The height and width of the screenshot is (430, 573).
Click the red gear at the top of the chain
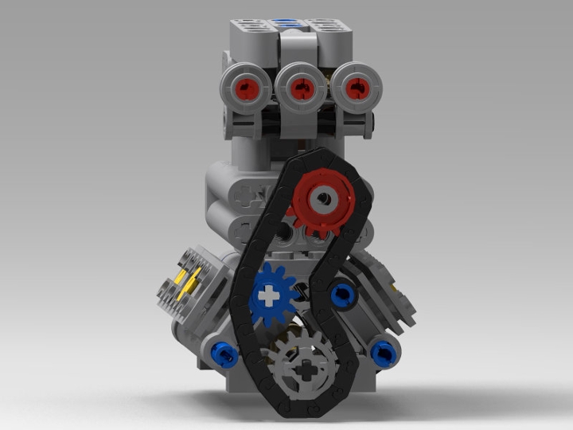(322, 199)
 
